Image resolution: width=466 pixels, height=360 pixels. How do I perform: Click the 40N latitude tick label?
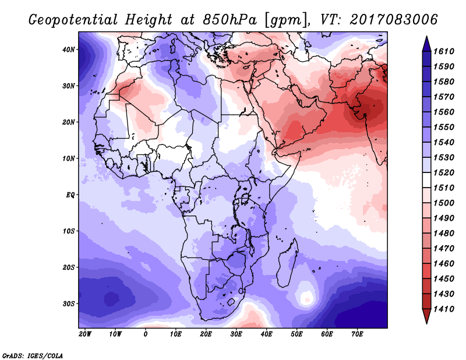coord(69,50)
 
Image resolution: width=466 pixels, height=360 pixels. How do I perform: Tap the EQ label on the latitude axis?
coord(70,195)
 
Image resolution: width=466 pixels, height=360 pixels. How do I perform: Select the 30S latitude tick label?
coord(69,304)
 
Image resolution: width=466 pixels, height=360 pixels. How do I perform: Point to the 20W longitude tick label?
coord(85,334)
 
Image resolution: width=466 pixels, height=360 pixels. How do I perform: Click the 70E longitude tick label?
coord(357,334)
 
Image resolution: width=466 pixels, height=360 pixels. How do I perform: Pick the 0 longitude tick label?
coord(145,334)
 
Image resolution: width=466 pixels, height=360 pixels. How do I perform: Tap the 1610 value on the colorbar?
coord(444,51)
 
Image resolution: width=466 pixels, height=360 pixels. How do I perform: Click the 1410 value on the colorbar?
coord(444,309)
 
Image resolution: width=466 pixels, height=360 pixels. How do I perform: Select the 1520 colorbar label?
coord(444,172)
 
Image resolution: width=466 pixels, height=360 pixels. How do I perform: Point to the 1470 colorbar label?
coord(444,249)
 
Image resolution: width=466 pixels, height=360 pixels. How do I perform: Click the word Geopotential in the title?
coord(73,20)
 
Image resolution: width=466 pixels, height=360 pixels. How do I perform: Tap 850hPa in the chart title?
coord(230,20)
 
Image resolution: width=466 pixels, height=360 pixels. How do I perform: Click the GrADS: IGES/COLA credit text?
coord(33,356)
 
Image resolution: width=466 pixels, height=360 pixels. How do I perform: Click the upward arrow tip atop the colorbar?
coord(426,36)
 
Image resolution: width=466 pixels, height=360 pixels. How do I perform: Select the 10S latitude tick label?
coord(69,231)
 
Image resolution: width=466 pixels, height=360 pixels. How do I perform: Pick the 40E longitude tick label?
coord(266,334)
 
